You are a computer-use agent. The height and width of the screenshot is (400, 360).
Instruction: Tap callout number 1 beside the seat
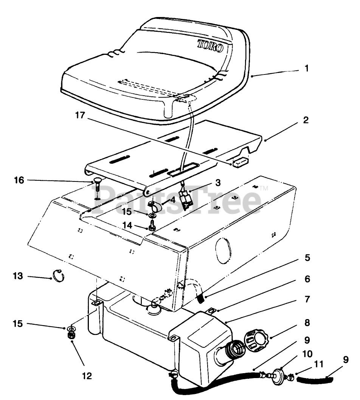(x=306, y=68)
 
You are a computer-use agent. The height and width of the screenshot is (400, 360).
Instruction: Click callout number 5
(x=307, y=258)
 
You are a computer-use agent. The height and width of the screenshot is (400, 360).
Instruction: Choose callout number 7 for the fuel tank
(x=307, y=299)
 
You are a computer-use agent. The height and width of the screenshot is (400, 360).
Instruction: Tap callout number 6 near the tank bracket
(x=307, y=279)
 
